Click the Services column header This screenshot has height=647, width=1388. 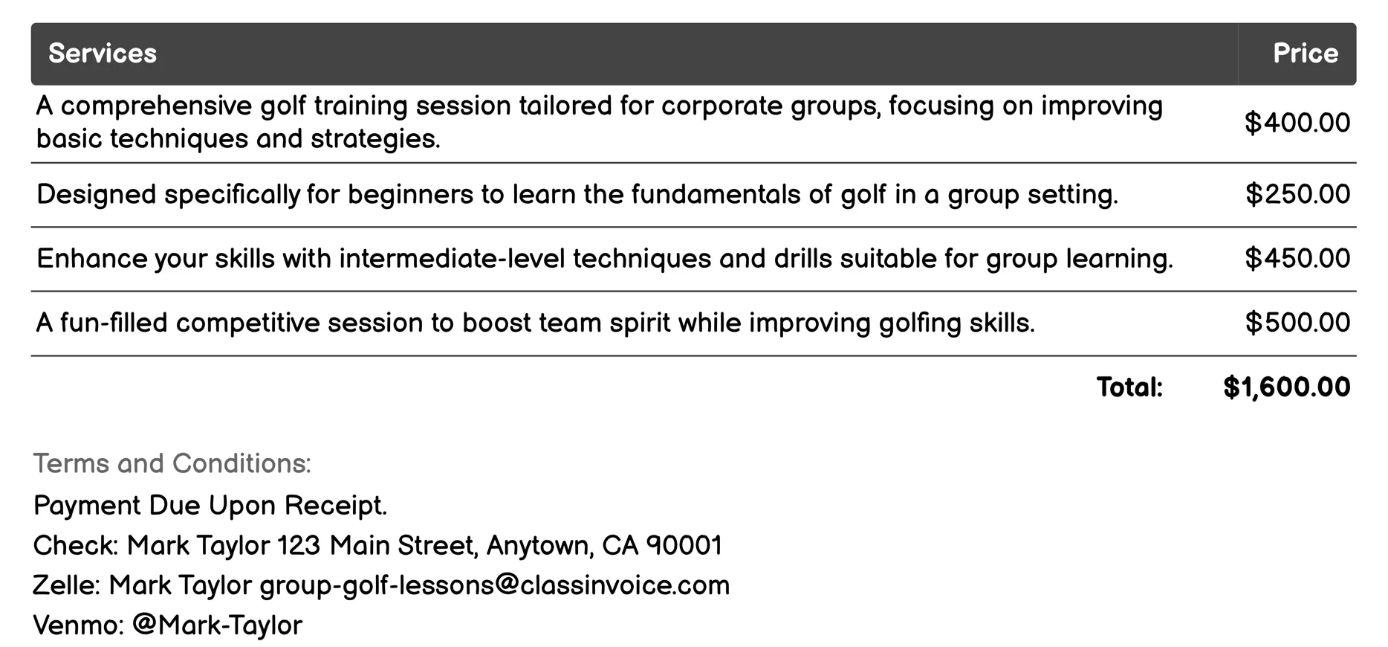pyautogui.click(x=103, y=54)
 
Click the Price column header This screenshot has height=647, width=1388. pyautogui.click(x=1305, y=54)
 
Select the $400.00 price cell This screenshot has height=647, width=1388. pyautogui.click(x=1297, y=123)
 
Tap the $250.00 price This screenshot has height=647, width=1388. pyautogui.click(x=1297, y=194)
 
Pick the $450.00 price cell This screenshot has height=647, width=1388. pyautogui.click(x=1297, y=259)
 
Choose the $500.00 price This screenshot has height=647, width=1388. pyautogui.click(x=1297, y=323)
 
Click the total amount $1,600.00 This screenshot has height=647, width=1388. pyautogui.click(x=1286, y=387)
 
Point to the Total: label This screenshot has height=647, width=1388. pyautogui.click(x=1129, y=387)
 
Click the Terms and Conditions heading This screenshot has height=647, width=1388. pyautogui.click(x=172, y=463)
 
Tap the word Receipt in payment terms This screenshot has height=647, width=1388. pyautogui.click(x=335, y=506)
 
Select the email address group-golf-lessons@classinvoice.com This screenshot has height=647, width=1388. pyautogui.click(x=494, y=585)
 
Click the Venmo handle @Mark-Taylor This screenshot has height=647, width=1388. pyautogui.click(x=217, y=625)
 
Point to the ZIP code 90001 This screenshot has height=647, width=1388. pyautogui.click(x=684, y=546)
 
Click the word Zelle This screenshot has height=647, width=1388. pyautogui.click(x=65, y=585)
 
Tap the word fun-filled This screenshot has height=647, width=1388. pyautogui.click(x=114, y=323)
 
